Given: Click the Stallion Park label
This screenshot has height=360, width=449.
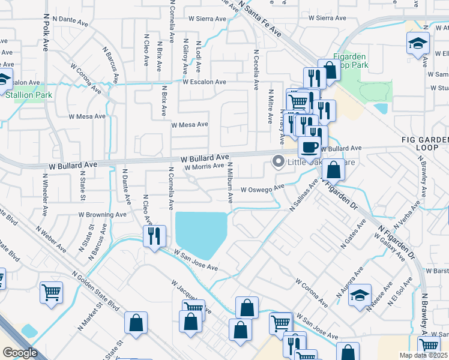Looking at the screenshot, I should pyautogui.click(x=29, y=95).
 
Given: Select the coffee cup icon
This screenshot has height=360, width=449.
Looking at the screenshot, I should pyautogui.click(x=309, y=146).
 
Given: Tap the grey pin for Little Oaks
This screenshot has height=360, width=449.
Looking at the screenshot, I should pyautogui.click(x=278, y=161).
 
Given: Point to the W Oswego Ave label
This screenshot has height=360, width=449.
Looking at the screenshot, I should pyautogui.click(x=262, y=188).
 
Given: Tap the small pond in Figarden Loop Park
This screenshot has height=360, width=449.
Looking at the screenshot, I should pyautogui.click(x=381, y=109).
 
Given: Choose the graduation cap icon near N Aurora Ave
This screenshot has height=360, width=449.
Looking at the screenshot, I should pyautogui.click(x=360, y=296).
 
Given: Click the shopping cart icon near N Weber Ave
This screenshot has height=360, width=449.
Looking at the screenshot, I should pyautogui.click(x=51, y=293).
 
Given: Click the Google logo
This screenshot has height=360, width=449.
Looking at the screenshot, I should pyautogui.click(x=20, y=353).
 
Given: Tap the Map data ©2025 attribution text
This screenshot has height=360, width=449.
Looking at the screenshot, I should pyautogui.click(x=423, y=355).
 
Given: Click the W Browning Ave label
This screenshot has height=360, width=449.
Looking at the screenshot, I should pyautogui.click(x=103, y=214).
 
